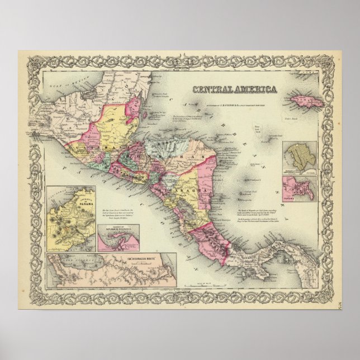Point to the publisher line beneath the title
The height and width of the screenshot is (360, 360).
point(235,97)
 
